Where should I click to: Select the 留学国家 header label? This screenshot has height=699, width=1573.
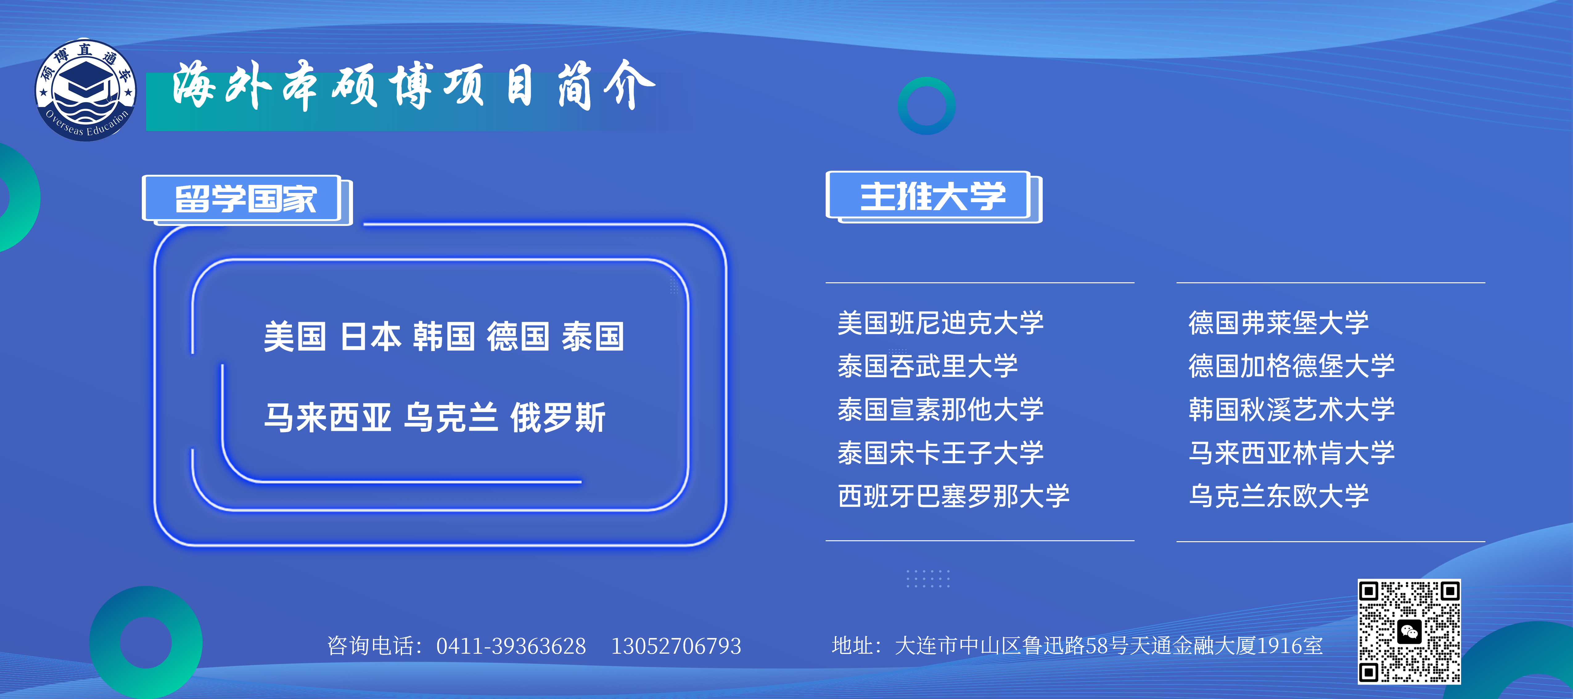[x=246, y=198]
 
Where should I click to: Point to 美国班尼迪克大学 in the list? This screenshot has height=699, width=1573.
[x=940, y=323]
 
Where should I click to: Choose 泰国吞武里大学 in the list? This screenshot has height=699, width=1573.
[x=928, y=366]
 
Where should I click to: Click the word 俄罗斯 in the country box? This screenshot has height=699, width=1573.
[x=557, y=418]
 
